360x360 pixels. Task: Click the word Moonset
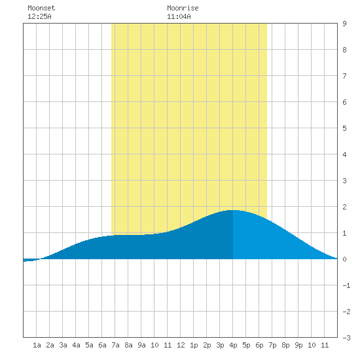[x=41, y=8]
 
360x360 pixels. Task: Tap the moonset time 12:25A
[x=39, y=16]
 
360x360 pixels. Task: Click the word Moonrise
[x=183, y=8]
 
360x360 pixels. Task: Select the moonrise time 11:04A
[x=179, y=16]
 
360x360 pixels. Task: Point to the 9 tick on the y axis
[x=344, y=24]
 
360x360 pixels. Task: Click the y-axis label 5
[x=344, y=128]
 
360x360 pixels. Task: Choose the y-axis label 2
[x=344, y=207]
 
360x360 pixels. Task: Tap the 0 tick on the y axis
[x=344, y=259]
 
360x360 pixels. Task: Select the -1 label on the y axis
[x=346, y=285]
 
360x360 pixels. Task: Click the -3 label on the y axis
[x=346, y=338]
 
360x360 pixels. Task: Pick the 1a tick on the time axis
[x=37, y=345]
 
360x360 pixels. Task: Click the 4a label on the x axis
[x=76, y=345]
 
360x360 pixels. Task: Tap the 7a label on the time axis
[x=115, y=345]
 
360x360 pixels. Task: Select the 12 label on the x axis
[x=181, y=345]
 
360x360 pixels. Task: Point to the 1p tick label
[x=194, y=345]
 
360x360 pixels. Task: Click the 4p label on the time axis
[x=233, y=345]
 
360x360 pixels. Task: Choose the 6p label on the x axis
[x=259, y=345]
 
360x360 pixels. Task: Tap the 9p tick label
[x=298, y=345]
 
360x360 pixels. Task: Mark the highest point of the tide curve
[x=233, y=210]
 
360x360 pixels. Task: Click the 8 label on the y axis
[x=344, y=50]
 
